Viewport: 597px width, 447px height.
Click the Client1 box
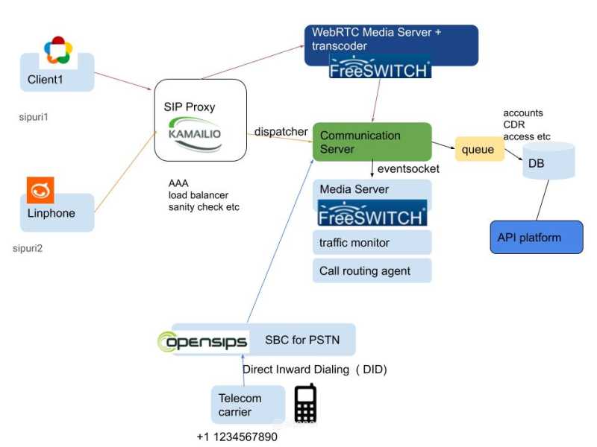[x=56, y=77]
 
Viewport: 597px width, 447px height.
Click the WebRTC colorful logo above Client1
[x=57, y=50]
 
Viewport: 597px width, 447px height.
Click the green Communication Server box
[x=372, y=142]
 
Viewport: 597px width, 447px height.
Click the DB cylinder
[x=548, y=161]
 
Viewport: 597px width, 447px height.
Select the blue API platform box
[x=536, y=238]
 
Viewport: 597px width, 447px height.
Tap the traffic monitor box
[x=372, y=242]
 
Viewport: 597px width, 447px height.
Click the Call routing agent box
[x=372, y=270]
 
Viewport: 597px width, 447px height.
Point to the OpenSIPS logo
[x=202, y=341]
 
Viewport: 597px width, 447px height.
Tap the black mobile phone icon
[x=304, y=404]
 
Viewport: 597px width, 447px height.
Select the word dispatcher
[x=281, y=132]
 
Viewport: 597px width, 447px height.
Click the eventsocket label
[x=408, y=169]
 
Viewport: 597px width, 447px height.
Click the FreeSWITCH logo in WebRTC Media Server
[x=380, y=69]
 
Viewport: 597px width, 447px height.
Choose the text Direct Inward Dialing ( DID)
[x=315, y=370]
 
